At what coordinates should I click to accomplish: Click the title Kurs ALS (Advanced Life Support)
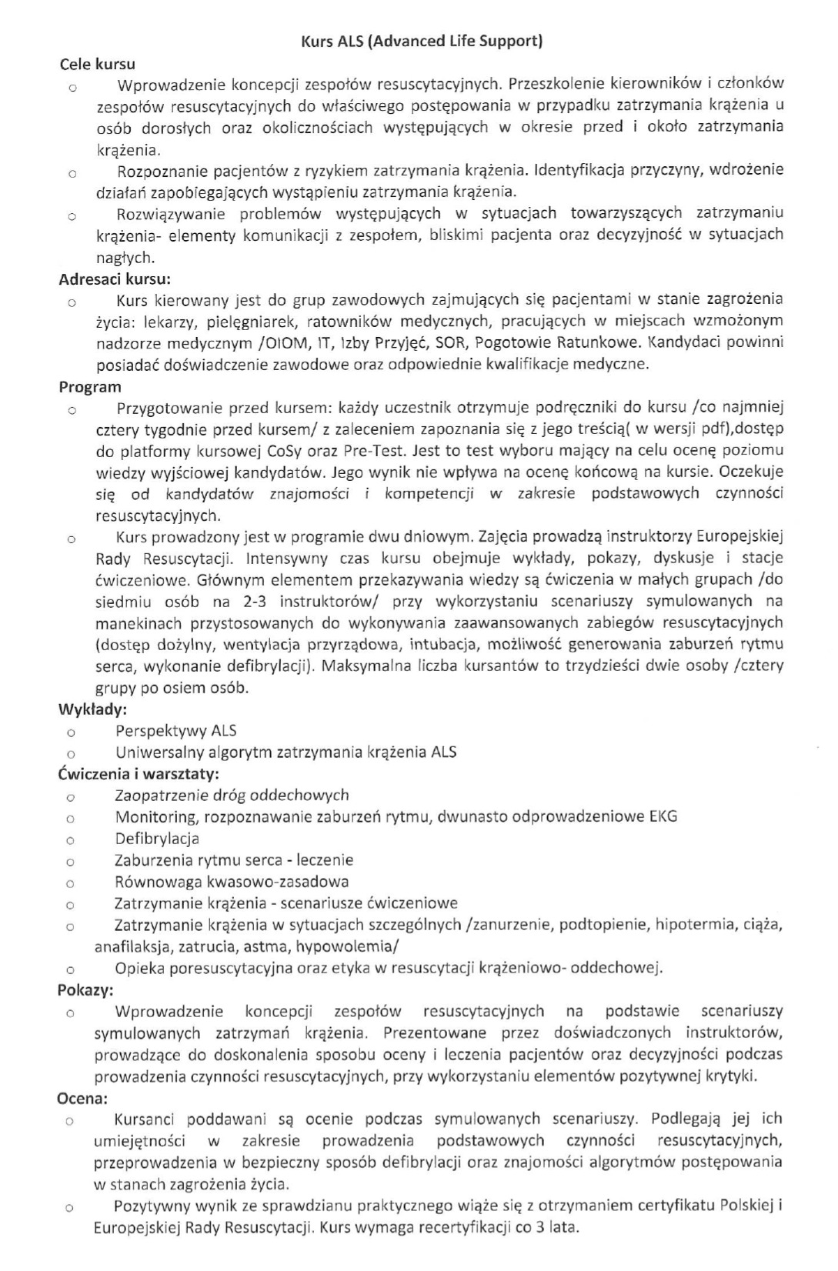[x=421, y=42]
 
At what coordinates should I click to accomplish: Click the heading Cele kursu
[x=98, y=65]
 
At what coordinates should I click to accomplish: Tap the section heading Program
[x=90, y=387]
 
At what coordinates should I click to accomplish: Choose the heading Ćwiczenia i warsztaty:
[x=139, y=773]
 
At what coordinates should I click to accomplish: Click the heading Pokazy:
[x=85, y=989]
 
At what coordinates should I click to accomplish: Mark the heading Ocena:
[x=82, y=1098]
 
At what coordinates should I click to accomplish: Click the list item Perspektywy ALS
[x=175, y=730]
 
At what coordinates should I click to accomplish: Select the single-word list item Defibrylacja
[x=157, y=838]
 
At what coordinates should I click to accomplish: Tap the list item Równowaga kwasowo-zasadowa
[x=232, y=881]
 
